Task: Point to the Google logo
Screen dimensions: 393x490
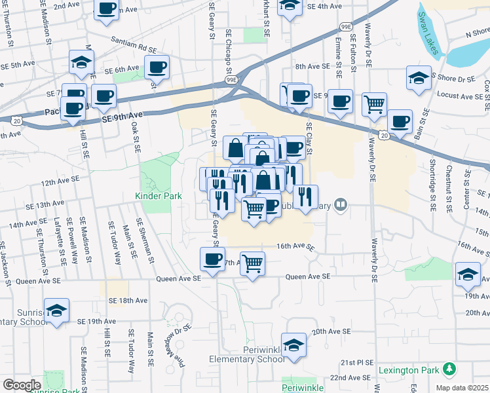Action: coord(22,385)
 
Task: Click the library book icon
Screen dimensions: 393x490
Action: coord(339,205)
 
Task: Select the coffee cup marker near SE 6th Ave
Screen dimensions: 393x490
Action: coord(157,67)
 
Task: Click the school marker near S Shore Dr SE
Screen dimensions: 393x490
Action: coord(418,78)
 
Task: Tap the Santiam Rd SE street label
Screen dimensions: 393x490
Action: coord(134,44)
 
